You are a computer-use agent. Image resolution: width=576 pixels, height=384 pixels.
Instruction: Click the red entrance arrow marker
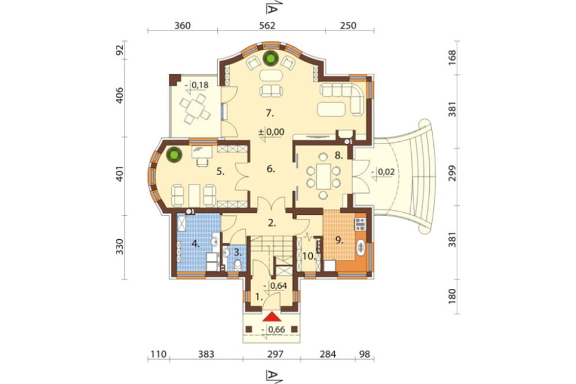272,317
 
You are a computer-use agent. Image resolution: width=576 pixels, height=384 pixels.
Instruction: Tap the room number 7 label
270,113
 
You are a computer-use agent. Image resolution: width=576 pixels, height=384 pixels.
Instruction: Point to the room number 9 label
339,240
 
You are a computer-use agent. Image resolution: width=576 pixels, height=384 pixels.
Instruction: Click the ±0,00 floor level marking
271,131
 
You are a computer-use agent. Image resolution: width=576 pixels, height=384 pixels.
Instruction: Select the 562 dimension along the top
267,25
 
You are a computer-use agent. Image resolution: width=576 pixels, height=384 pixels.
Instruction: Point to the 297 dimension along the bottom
275,354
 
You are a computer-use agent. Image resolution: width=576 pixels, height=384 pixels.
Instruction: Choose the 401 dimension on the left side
120,174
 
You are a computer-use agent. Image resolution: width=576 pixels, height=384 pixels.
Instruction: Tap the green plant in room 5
174,155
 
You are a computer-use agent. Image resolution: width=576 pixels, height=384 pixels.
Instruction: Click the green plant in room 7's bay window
271,58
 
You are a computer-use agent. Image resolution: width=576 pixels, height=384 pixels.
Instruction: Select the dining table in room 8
323,176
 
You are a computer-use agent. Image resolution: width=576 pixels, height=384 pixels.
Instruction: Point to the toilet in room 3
238,265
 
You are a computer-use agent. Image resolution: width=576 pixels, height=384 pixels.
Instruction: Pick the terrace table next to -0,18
195,109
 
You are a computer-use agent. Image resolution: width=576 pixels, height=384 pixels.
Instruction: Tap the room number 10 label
309,257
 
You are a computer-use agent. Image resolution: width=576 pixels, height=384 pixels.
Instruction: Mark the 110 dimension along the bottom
158,354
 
